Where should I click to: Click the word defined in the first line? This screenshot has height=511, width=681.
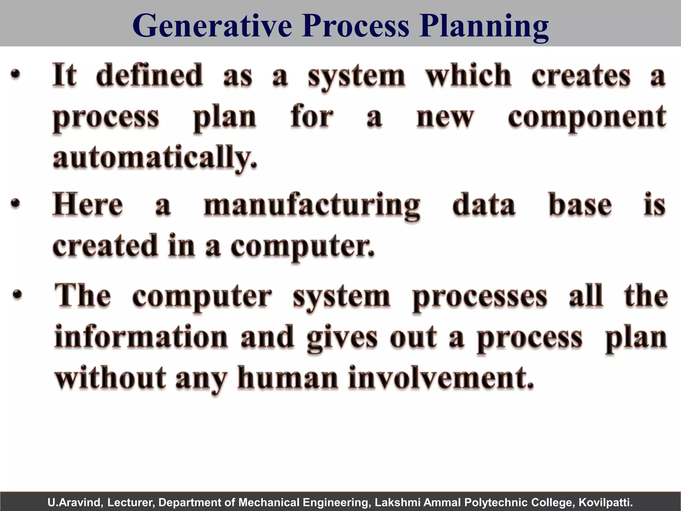[149, 75]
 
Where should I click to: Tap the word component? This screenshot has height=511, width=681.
[587, 118]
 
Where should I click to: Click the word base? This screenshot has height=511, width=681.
[580, 204]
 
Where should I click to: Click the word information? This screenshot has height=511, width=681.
[141, 337]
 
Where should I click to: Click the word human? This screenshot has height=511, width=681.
[287, 378]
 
